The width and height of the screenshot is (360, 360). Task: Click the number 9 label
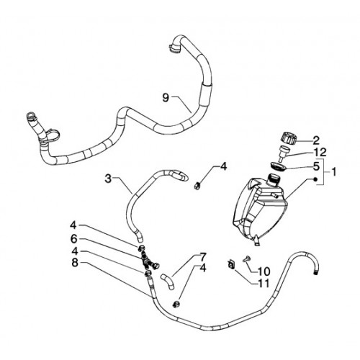pos(166,98)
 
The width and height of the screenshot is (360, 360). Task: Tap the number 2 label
pos(316,140)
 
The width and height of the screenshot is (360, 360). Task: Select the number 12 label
pos(320,153)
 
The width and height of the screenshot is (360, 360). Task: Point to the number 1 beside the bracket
pos(333,172)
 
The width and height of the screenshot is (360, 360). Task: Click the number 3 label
pos(109,179)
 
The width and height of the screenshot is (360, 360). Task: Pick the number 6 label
pos(73,238)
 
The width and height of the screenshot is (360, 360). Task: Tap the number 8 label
pos(75,263)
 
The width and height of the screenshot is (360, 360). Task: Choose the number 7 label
pos(202,257)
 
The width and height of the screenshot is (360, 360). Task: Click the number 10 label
pos(264,271)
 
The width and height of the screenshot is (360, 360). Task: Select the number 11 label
pos(264,284)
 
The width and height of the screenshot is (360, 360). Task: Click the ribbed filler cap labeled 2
pos(289,139)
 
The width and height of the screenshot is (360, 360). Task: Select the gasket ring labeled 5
pos(278,166)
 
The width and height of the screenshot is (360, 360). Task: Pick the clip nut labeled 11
pos(232,264)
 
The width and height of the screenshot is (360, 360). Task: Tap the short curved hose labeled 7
pos(168,282)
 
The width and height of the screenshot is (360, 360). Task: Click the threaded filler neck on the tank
pos(274,180)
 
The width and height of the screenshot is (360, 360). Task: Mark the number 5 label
pos(316,166)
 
